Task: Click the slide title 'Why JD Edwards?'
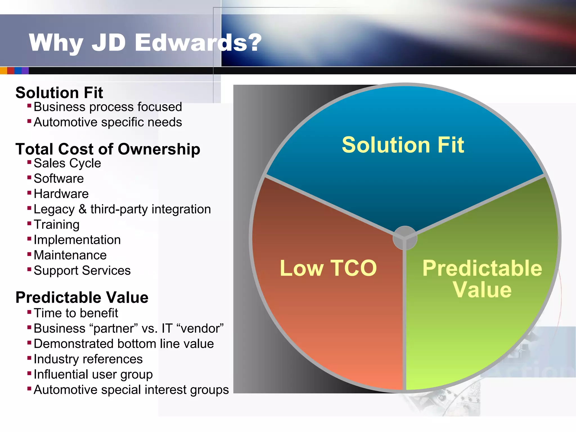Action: pos(145,43)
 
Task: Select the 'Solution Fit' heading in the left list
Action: pos(59,93)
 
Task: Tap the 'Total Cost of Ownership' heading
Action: pos(108,149)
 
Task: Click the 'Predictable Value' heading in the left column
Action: pos(82,298)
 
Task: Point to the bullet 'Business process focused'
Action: pos(108,107)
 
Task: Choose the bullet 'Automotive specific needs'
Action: pos(108,122)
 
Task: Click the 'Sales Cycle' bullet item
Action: pos(67,163)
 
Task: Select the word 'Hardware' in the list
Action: pos(61,194)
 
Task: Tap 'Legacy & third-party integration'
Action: pos(122,210)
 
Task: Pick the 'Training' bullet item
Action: pos(57,225)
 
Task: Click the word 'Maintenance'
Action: pos(70,255)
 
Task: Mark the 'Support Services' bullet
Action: pos(82,271)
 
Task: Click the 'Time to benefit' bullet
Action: pos(76,313)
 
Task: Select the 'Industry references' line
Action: pos(88,359)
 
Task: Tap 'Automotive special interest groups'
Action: pos(131,390)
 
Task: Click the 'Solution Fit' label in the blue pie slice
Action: pos(403,145)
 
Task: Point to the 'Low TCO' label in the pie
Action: pos(328,268)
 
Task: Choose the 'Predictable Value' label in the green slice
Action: pos(482,279)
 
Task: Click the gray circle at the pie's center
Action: pos(405,238)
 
